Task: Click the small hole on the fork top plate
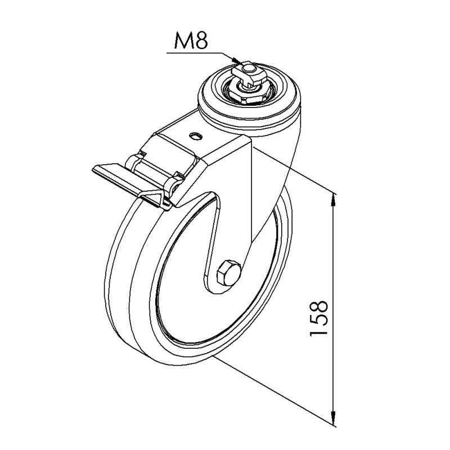196,136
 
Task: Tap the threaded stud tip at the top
248,67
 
